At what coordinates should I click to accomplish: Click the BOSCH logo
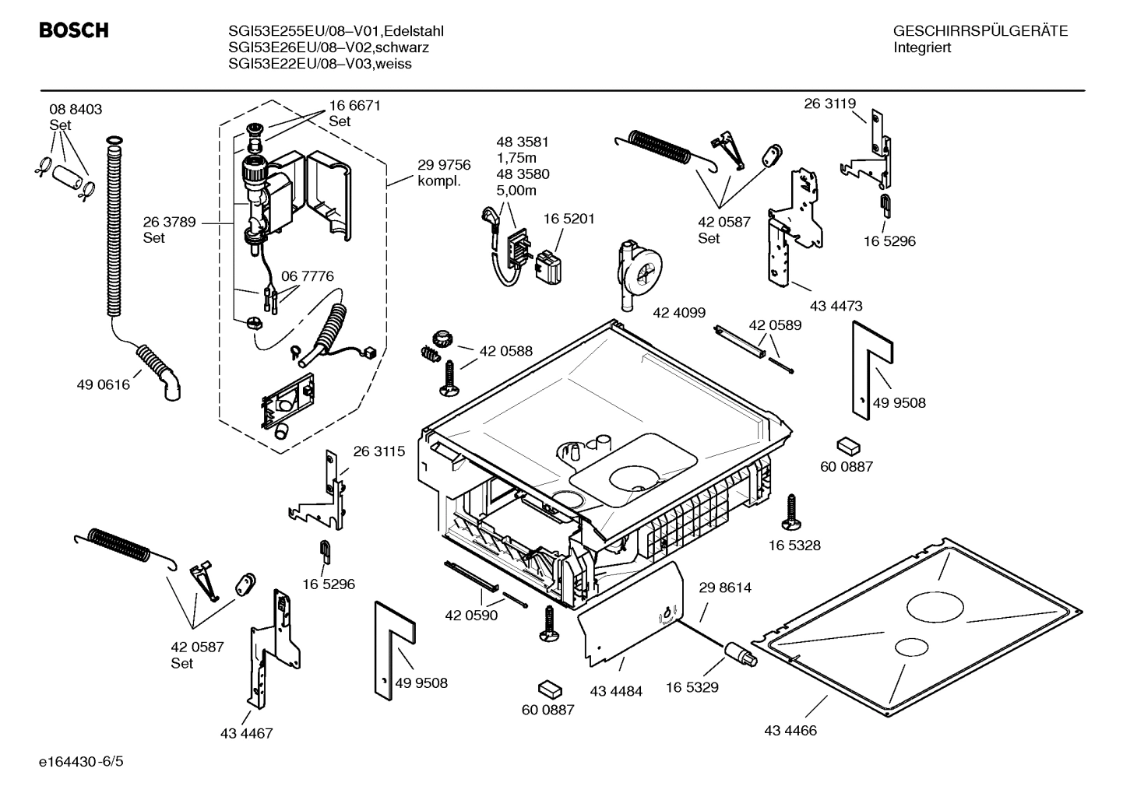[74, 30]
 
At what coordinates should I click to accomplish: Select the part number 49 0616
[104, 384]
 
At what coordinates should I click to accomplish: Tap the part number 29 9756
[444, 165]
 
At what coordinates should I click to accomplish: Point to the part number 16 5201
[569, 219]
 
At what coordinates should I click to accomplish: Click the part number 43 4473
[836, 306]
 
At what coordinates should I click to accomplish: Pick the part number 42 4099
[679, 312]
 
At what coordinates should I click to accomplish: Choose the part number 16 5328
[794, 546]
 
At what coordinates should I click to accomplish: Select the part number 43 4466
[790, 731]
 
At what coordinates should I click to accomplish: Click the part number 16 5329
[692, 687]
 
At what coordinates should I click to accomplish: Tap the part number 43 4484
[616, 691]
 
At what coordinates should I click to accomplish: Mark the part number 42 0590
[471, 615]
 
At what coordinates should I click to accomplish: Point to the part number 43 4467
[246, 733]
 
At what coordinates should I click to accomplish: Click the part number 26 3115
[379, 451]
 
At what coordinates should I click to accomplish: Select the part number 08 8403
[76, 110]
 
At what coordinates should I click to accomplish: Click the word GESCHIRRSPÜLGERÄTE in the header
[980, 31]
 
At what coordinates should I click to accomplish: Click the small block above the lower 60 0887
[549, 689]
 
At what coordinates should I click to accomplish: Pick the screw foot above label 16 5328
[791, 511]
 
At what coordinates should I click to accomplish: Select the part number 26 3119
[829, 104]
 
